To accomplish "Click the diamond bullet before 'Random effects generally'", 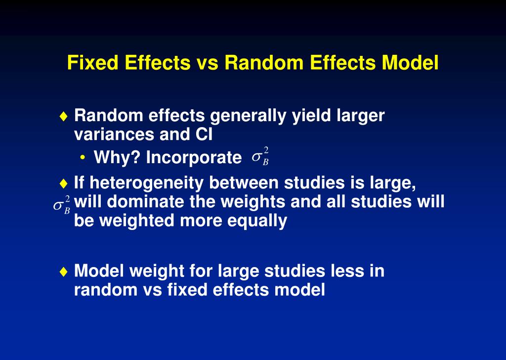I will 62,117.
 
